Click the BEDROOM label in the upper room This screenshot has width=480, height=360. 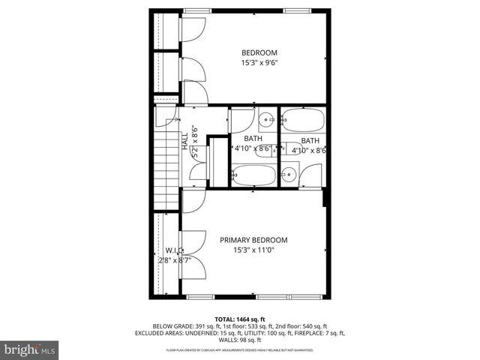(x=259, y=52)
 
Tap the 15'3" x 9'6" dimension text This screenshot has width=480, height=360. (x=259, y=63)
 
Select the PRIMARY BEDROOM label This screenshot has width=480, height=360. (x=253, y=240)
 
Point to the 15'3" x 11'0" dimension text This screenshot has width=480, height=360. (x=253, y=250)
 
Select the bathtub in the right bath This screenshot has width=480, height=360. (x=303, y=120)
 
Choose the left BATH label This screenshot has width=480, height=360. (x=253, y=139)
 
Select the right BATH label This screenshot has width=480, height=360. (x=310, y=141)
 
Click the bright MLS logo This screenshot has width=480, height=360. (x=30, y=349)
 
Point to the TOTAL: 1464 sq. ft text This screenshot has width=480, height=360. (x=239, y=319)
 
